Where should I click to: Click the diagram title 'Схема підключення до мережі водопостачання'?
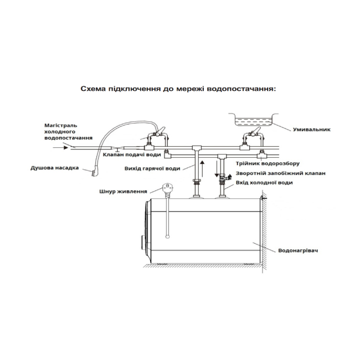coord(178,89)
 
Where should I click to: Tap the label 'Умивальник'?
coord(312,130)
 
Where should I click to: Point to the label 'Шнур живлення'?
coord(117,192)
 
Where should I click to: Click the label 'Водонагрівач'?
coord(301,251)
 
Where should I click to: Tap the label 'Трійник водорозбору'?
coord(263,164)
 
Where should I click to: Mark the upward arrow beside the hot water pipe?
coord(202,167)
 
